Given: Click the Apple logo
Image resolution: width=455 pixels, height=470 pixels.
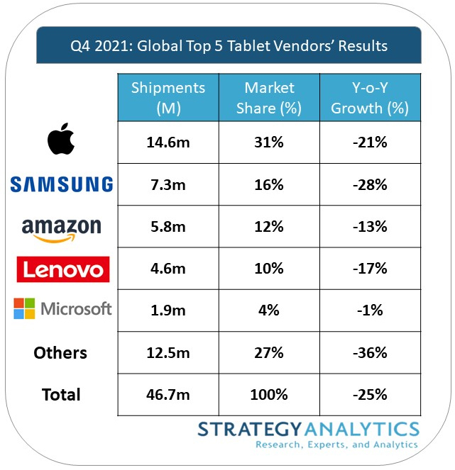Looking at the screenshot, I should click(61, 142).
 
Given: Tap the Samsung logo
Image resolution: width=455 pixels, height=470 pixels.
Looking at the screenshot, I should click(61, 184).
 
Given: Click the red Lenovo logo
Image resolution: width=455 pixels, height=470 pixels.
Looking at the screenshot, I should click(62, 269).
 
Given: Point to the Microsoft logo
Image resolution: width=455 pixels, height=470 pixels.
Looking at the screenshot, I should click(62, 309).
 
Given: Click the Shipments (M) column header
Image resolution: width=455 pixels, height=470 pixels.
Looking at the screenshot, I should click(168, 98).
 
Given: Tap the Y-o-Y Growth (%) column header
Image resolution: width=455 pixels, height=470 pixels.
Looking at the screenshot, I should click(370, 98).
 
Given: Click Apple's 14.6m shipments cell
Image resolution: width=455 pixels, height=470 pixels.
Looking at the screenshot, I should click(168, 142).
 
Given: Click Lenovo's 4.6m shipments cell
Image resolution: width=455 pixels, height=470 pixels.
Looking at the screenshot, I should click(168, 269).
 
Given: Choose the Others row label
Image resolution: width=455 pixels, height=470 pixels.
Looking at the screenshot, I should click(60, 353).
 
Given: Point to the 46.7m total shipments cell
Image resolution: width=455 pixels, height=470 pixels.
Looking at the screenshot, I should click(168, 395).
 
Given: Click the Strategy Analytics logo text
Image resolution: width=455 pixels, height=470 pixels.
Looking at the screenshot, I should click(308, 434).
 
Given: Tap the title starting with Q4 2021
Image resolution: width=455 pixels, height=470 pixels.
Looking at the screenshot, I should click(229, 46).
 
